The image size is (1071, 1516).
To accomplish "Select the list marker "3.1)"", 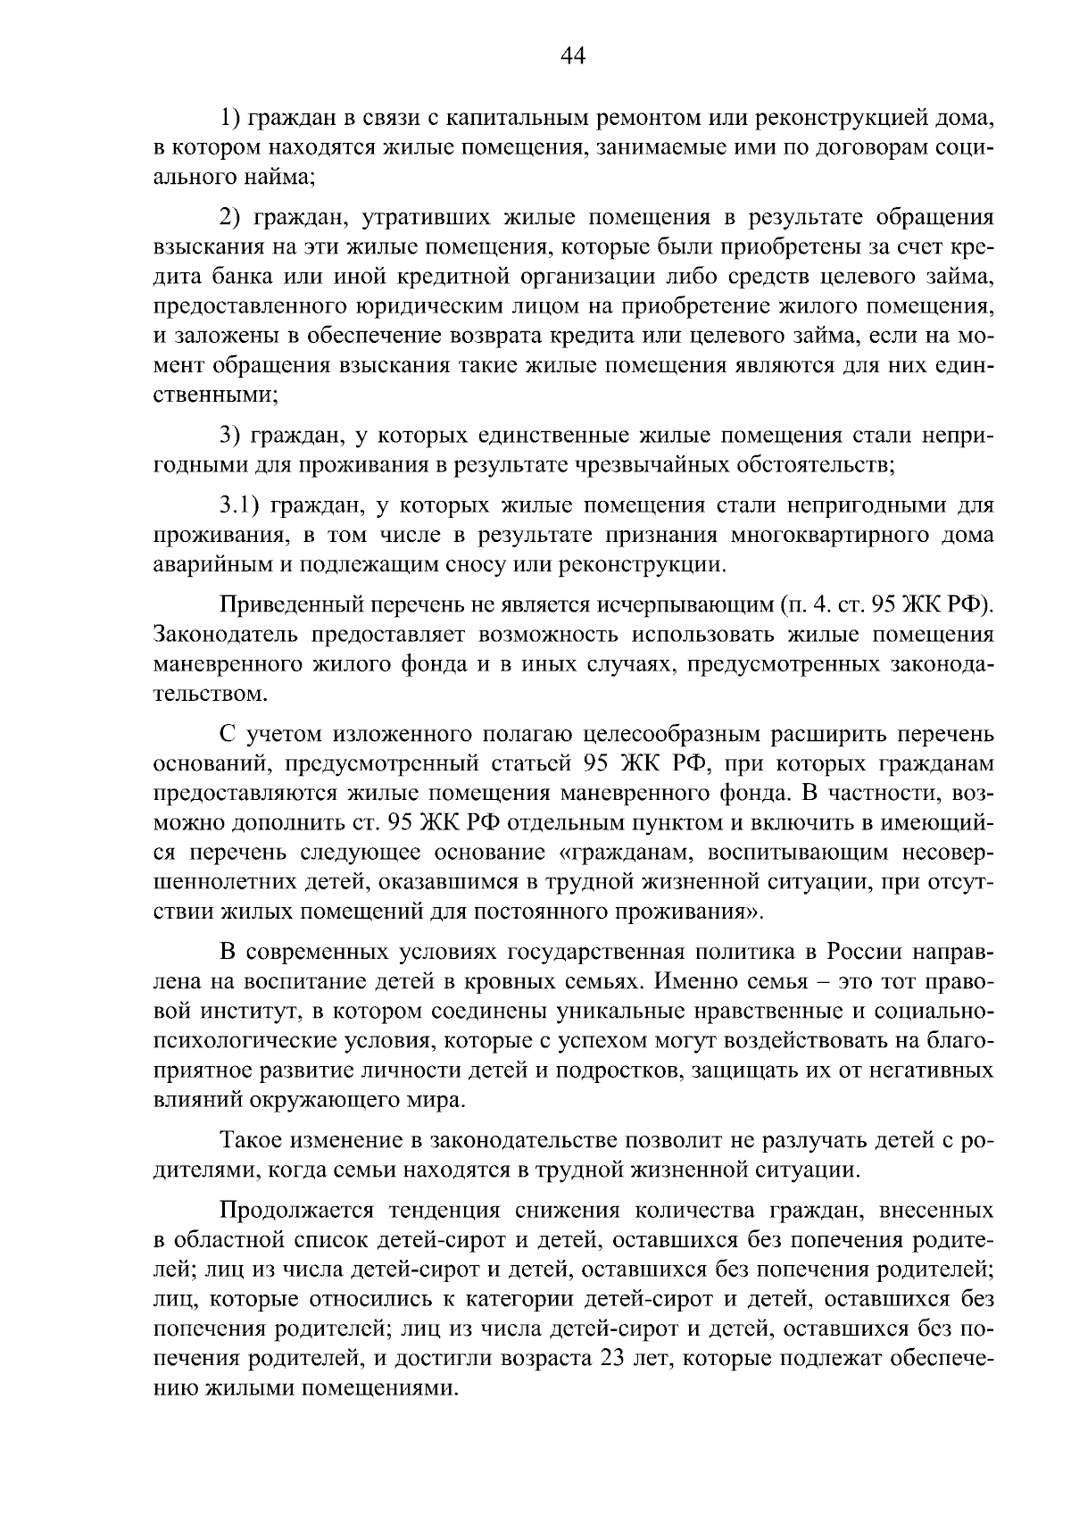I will [x=240, y=506].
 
